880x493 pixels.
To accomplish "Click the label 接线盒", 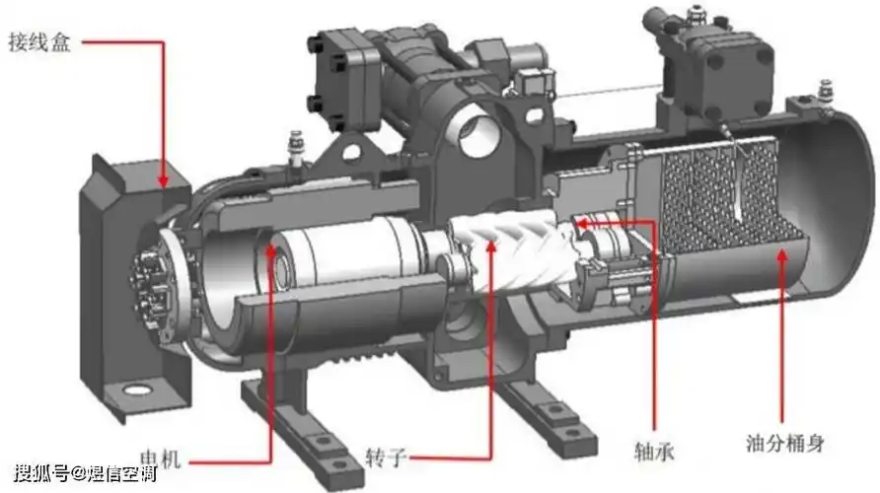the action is pyautogui.click(x=39, y=42).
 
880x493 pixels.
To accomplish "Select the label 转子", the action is pyautogui.click(x=386, y=458).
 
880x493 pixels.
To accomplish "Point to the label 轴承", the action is pyautogui.click(x=654, y=451).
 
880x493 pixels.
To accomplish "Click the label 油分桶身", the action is pyautogui.click(x=785, y=443).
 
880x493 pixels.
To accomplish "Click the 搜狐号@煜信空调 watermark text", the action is pyautogui.click(x=85, y=474).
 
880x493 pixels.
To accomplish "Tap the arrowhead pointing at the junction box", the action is pyautogui.click(x=163, y=180).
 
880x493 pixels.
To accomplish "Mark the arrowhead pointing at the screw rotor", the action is pyautogui.click(x=491, y=246).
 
